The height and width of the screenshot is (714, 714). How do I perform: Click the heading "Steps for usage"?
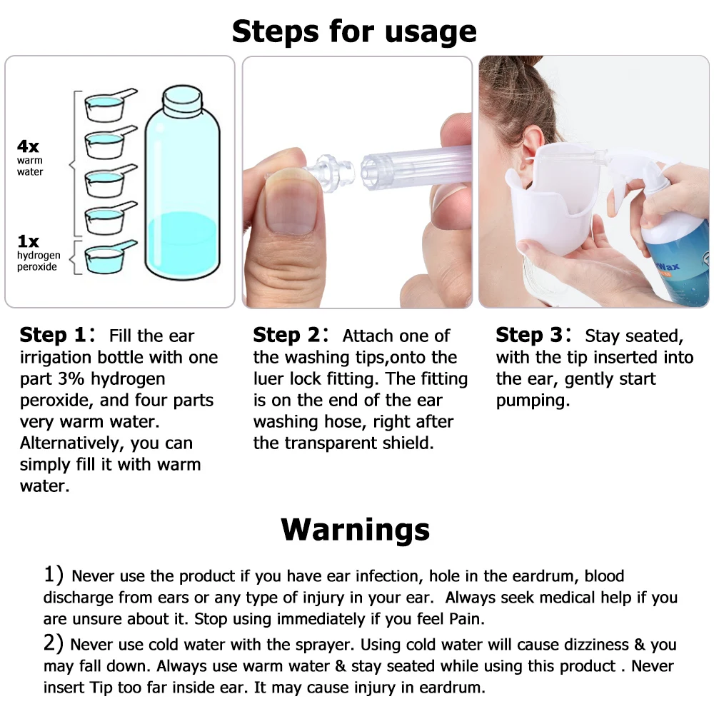354,31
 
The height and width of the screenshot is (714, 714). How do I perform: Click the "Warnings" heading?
356,530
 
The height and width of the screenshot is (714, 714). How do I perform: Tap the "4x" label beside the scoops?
29,146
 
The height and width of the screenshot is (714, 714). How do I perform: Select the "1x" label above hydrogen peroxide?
29,241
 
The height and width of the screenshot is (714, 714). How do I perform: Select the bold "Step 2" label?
286,336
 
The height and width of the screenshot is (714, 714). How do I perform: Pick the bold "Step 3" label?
529,336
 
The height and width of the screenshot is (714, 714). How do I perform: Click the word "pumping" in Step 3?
533,401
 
